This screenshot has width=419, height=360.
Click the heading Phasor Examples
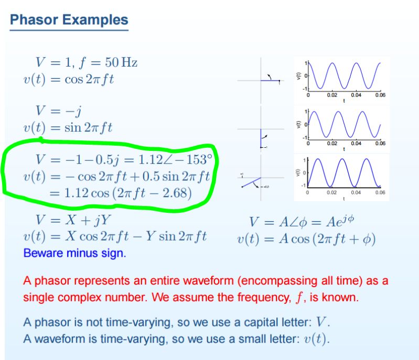69,20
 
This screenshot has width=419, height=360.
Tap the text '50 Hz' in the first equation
121,63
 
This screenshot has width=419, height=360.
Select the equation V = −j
58,111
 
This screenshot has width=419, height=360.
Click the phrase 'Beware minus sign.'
74,253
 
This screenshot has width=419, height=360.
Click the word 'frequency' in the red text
261,298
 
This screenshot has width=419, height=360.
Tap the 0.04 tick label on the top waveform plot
356,95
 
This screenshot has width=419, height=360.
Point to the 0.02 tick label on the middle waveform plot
332,143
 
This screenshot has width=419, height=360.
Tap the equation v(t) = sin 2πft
68,127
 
